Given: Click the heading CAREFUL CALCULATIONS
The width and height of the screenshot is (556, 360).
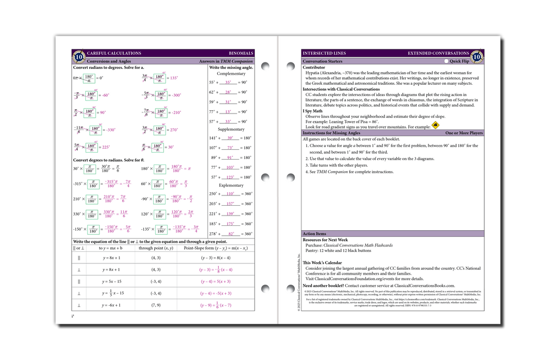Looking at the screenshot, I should [113, 53].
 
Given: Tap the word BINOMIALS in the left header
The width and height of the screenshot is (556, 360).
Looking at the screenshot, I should [241, 53].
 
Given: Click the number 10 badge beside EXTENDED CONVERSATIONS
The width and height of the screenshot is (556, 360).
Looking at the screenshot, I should [477, 56].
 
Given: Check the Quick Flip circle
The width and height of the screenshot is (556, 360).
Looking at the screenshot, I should [446, 61].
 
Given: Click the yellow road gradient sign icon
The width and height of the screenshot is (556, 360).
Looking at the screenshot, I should [435, 126].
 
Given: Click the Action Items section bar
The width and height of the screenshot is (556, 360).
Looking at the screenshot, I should [393, 233].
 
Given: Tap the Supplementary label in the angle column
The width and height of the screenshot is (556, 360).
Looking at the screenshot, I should [231, 129].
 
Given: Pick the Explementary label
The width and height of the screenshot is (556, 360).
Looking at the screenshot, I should [231, 185].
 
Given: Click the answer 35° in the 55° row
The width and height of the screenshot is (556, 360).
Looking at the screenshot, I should [228, 83].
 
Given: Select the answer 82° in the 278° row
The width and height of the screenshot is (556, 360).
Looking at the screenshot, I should [231, 233].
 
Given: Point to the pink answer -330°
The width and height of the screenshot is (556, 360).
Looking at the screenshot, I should [110, 130].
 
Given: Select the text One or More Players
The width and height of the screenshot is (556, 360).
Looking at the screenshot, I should [464, 132].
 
